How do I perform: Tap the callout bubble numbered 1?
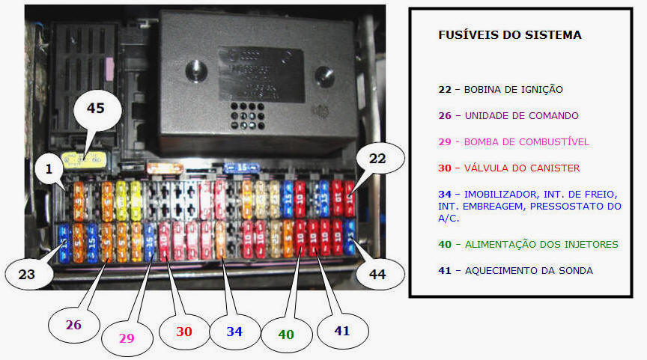(x=48, y=171)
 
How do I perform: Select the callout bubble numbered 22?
(x=377, y=159)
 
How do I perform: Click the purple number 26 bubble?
(x=73, y=325)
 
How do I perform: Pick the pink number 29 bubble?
(x=126, y=338)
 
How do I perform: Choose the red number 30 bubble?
(x=184, y=332)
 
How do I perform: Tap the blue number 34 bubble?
(x=234, y=332)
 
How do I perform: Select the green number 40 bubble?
(x=287, y=335)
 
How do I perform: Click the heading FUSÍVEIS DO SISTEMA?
(x=509, y=35)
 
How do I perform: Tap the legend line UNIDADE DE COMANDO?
(x=521, y=116)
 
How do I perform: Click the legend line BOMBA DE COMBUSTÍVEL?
(x=526, y=142)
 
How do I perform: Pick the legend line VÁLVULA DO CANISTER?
(x=522, y=168)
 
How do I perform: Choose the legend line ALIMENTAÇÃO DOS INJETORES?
(x=541, y=244)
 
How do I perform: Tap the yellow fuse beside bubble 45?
(x=81, y=159)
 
